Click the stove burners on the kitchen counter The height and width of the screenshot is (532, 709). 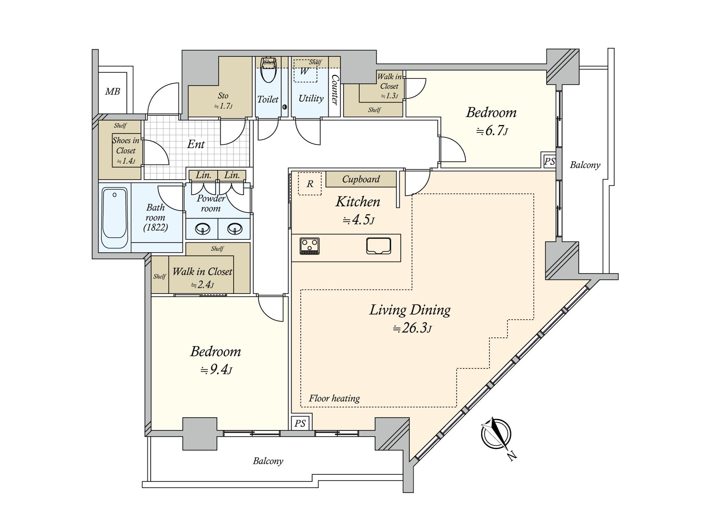310,246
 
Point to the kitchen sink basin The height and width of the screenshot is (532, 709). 378,246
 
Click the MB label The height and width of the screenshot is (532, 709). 113,92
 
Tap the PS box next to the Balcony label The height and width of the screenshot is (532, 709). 549,161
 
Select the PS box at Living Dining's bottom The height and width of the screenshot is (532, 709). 300,423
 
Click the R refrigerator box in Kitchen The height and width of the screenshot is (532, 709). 310,184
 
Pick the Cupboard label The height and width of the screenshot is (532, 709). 361,179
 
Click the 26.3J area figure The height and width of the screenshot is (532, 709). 412,329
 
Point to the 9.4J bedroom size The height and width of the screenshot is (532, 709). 216,370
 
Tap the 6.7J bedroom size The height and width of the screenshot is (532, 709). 491,131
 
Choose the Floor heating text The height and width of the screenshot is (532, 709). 334,398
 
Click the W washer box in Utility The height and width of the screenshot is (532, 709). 305,71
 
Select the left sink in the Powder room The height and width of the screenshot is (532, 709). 203,229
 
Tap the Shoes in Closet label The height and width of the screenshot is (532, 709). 125,145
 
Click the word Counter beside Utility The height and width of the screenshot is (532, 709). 335,90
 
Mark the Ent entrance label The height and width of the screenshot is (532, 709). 196,144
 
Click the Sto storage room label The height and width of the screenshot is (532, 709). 223,96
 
